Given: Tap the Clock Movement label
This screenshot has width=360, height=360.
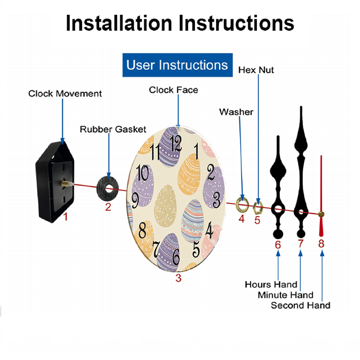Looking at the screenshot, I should (x=65, y=94).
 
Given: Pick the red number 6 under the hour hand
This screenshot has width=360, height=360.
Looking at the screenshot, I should (x=278, y=245).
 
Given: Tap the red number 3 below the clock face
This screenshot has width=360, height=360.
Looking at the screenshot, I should (x=179, y=278).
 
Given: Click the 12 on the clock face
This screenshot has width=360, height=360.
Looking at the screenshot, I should (x=176, y=143).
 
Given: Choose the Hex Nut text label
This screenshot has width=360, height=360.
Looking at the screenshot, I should (x=256, y=70).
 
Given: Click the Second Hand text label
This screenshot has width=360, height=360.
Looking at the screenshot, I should (x=300, y=305).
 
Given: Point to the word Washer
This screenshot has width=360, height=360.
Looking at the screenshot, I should (x=236, y=112).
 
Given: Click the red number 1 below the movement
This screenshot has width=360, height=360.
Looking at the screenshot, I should (x=66, y=217).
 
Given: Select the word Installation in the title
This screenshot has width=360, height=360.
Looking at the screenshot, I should (x=119, y=23).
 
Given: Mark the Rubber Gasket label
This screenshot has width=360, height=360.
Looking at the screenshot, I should (x=113, y=129).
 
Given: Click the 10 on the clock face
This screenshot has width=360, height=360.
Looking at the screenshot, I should (x=143, y=174).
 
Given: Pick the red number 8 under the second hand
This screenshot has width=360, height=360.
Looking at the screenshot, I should (x=321, y=244).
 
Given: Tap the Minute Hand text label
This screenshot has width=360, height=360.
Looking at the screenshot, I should (x=285, y=295).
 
